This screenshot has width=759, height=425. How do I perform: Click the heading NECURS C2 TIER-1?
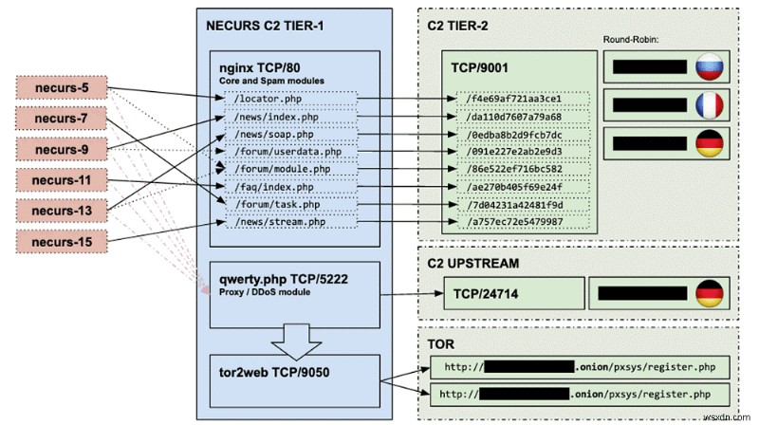pyautogui.click(x=263, y=25)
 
